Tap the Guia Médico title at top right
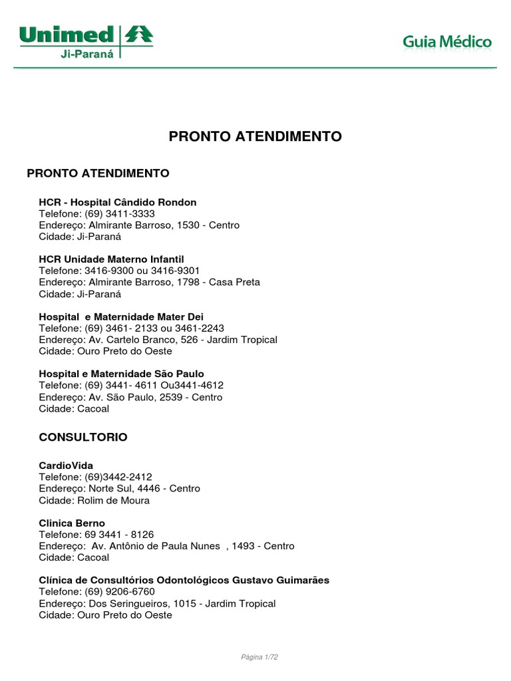coord(446,43)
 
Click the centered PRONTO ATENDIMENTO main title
coord(255,136)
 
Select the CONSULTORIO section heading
coord(83,438)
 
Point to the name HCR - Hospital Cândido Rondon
coord(118,202)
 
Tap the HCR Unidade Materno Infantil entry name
coord(111,259)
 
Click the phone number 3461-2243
coord(201,328)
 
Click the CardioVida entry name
coord(66,466)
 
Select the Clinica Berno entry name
coord(72,523)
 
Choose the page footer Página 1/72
coord(259,657)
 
